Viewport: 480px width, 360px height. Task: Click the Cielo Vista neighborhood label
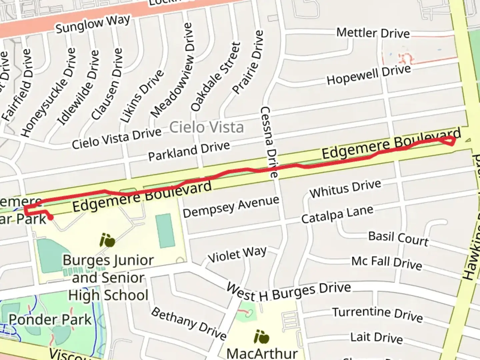(x=206, y=127)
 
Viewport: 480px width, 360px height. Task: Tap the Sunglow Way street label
(x=92, y=24)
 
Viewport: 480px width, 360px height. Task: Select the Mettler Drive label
(x=373, y=33)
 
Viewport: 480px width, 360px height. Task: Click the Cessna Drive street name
(x=269, y=142)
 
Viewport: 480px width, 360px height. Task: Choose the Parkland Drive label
(x=189, y=151)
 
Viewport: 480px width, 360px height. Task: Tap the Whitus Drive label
(x=345, y=188)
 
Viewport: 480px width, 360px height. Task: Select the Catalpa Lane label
(x=337, y=214)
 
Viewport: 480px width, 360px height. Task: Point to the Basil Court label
(x=398, y=238)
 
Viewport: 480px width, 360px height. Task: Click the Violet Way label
(x=237, y=254)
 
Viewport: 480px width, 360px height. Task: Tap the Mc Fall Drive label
(x=387, y=262)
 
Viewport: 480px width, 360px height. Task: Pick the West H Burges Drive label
(x=288, y=292)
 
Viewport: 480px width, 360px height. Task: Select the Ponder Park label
(x=50, y=320)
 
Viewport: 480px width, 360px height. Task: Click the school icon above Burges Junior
(x=107, y=240)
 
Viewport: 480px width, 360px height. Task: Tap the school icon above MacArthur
(x=261, y=337)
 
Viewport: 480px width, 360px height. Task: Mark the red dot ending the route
(x=51, y=218)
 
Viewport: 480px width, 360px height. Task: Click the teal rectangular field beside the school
(x=165, y=231)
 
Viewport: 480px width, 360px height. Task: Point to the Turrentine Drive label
(x=377, y=314)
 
